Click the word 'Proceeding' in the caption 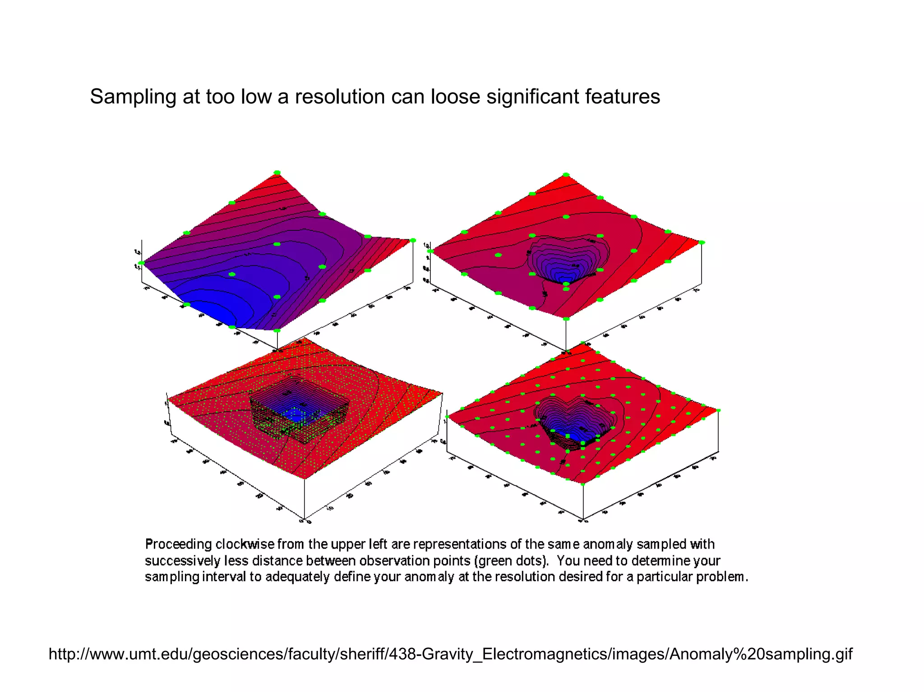tap(178, 545)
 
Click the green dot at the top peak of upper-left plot tap(277, 173)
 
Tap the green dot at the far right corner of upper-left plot tap(412, 241)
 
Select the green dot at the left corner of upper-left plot tap(141, 263)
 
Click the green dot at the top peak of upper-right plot tap(566, 174)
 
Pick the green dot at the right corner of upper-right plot tap(702, 243)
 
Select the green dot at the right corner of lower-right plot tap(718, 410)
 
